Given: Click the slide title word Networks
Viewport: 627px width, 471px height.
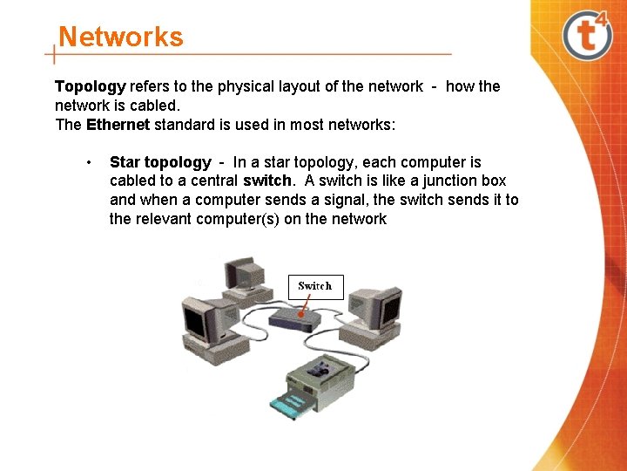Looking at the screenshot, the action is coord(120,38).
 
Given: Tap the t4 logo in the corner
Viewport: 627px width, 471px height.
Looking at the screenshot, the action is coord(588,35).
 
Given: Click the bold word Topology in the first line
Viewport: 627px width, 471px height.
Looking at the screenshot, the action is coord(91,86).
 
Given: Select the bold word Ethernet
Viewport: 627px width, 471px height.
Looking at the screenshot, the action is coord(118,125).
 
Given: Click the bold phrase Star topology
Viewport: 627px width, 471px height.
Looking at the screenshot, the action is coord(160,162).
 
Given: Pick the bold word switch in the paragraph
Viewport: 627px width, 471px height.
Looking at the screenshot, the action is coord(267,181).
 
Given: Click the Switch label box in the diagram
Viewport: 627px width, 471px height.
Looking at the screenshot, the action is coord(315,286).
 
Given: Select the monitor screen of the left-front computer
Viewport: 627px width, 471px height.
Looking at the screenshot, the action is coord(195,323).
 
